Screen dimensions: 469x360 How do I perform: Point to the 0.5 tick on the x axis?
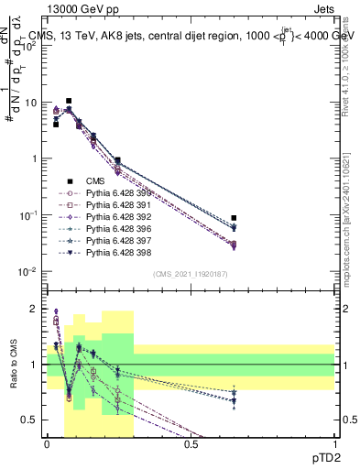coord(191,444)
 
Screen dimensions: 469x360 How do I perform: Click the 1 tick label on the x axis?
coord(334,444)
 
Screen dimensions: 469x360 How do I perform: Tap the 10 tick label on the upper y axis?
coord(30,103)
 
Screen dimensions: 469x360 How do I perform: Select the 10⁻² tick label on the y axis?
coord(28,271)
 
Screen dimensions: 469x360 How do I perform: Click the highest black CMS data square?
coord(69,101)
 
